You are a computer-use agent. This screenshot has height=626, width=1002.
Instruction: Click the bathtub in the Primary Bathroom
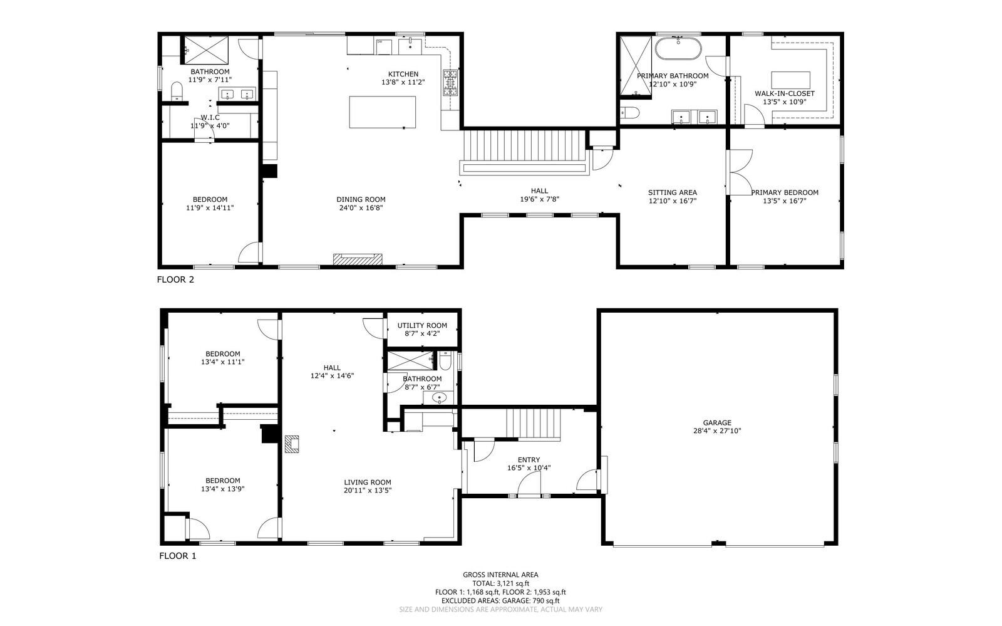pos(678,48)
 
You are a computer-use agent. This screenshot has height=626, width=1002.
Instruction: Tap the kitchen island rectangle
pos(383,112)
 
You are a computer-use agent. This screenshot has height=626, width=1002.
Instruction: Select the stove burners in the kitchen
pos(450,83)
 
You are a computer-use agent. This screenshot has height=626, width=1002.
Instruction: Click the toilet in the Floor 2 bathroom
pos(178,91)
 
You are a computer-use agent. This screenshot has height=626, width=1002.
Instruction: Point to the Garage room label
pos(717,422)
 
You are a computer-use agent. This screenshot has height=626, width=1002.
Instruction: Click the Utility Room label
pos(422,325)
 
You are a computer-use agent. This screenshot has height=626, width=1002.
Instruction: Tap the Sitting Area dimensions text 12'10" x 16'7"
pos(673,201)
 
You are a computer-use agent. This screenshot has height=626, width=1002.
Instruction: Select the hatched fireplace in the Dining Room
pos(358,259)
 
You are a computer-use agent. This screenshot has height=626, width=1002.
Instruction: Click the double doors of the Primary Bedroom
pos(739,172)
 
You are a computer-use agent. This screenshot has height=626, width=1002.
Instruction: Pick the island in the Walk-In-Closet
pos(790,80)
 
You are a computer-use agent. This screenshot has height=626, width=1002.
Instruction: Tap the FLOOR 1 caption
pos(178,556)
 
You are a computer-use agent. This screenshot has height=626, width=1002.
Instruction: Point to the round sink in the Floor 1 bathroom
pos(440,397)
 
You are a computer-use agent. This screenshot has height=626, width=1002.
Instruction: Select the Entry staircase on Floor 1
pos(533,424)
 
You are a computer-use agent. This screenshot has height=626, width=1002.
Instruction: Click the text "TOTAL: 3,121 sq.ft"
pos(500,583)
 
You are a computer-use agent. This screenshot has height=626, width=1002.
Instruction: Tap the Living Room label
pos(368,483)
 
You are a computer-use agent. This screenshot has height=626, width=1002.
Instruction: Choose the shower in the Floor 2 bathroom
pos(206,50)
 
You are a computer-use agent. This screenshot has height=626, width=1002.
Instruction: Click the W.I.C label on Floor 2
pos(210,118)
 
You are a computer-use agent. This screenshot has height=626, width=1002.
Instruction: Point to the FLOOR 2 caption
pos(175,279)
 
